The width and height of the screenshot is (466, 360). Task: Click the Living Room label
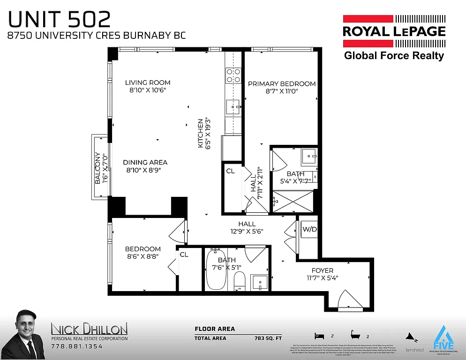pos(148,82)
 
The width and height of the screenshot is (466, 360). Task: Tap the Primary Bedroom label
pos(282,84)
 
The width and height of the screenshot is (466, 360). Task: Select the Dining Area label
pos(145,162)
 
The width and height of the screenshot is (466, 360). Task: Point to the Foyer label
pos(323,270)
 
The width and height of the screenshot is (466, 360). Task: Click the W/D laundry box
pos(309,230)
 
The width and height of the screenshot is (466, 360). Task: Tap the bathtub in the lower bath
pos(216,270)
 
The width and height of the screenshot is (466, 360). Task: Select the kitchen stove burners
pos(233,75)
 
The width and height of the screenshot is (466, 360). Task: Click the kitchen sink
pos(233,107)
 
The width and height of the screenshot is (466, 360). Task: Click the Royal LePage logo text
pos(394,31)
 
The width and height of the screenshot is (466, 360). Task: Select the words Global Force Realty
pos(394,56)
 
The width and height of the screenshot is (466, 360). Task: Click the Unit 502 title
pos(60,19)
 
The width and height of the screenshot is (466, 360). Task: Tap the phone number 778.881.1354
pos(76,346)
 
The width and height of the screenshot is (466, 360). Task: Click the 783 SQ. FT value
pos(267,338)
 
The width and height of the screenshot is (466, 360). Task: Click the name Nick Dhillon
pos(89,328)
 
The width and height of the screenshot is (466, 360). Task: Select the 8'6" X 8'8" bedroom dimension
pos(143,257)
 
